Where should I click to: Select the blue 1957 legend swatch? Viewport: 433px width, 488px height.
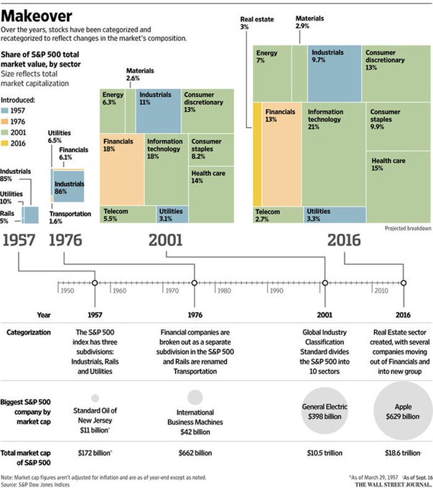(x=6, y=111)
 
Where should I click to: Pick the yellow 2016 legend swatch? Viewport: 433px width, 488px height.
(x=6, y=144)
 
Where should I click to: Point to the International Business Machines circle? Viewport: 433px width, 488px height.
(x=195, y=397)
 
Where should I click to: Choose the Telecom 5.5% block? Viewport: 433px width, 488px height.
(x=127, y=214)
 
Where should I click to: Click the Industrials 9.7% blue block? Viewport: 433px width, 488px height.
(x=335, y=72)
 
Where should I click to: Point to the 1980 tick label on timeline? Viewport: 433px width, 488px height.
(x=223, y=292)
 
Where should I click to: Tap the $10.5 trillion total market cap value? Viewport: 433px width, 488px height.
(x=325, y=453)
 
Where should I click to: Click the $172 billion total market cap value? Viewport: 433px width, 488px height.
(x=95, y=453)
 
